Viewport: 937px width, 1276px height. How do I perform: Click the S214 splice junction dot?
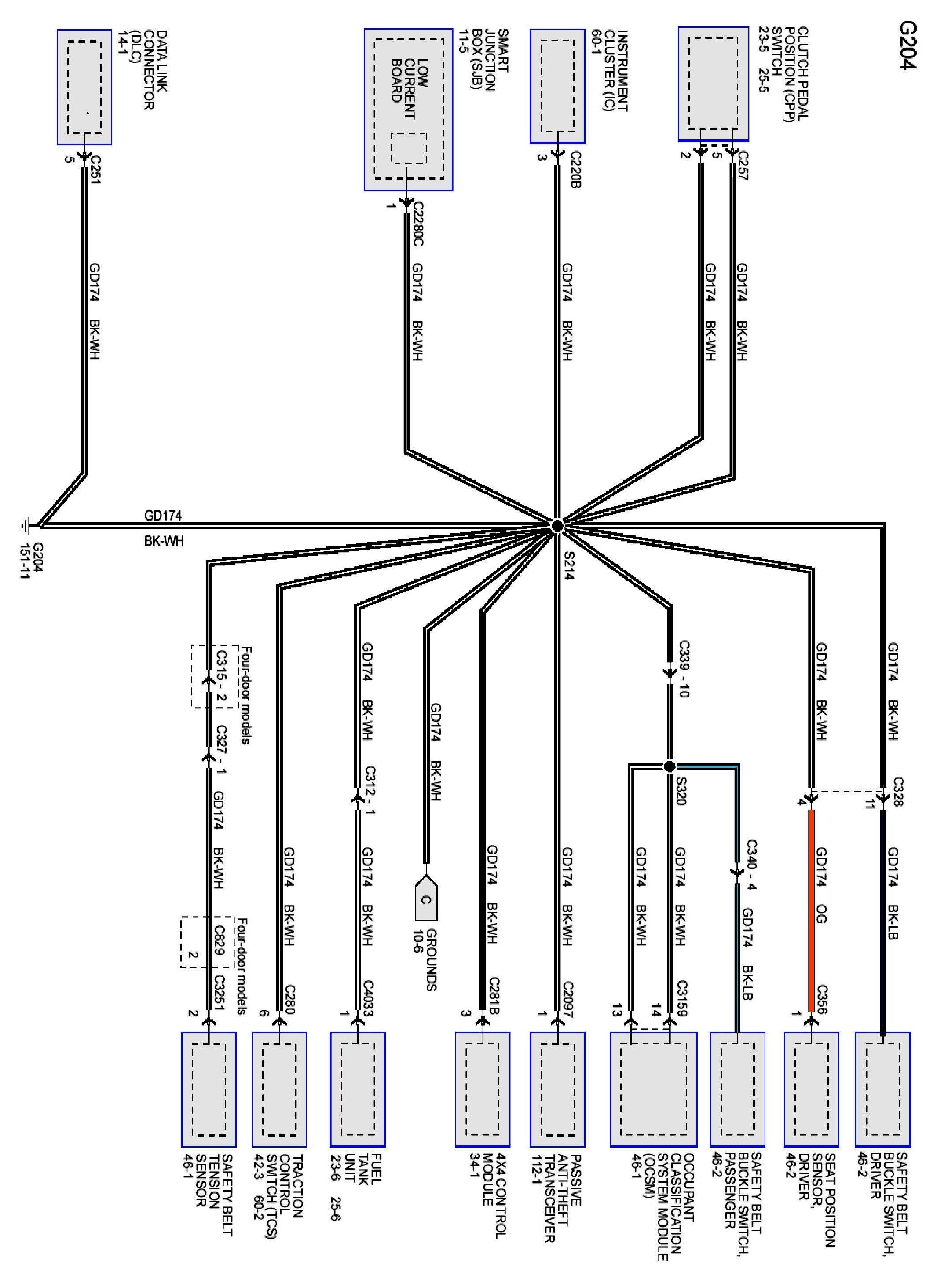coord(557,526)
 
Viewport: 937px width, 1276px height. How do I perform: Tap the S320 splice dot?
coord(669,767)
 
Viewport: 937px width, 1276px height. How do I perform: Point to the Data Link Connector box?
coord(84,88)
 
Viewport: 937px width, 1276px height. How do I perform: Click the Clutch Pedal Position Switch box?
coord(713,84)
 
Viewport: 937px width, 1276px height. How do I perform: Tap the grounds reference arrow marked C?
coord(426,899)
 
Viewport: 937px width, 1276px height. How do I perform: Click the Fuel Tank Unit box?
coord(357,1089)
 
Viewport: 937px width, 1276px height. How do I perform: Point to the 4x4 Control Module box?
coord(482,1089)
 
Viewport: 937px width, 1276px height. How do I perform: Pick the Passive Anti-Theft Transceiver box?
coord(557,1089)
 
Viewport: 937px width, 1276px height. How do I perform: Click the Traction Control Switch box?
coord(279,1089)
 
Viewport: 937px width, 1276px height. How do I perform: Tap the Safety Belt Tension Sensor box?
coord(208,1089)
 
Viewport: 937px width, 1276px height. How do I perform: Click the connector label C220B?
coord(575,169)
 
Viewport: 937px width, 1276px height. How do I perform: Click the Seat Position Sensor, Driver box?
coord(811,1089)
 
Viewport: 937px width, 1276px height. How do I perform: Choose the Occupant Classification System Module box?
coord(653,1089)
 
